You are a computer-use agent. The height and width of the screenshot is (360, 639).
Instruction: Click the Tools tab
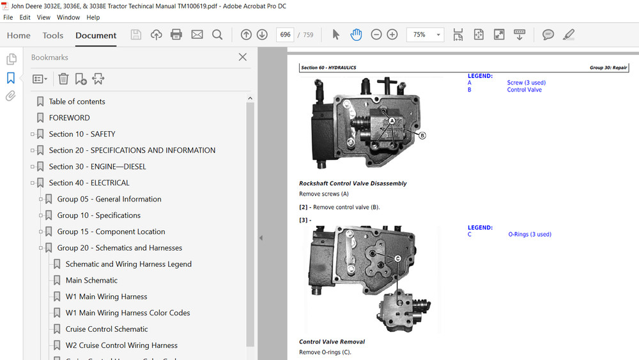pyautogui.click(x=53, y=35)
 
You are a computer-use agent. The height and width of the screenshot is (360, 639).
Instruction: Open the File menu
pyautogui.click(x=8, y=17)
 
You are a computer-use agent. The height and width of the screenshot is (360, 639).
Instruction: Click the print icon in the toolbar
pyautogui.click(x=176, y=35)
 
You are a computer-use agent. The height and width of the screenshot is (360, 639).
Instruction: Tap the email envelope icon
pyautogui.click(x=197, y=35)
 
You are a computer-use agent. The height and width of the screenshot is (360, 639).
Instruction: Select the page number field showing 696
pyautogui.click(x=285, y=35)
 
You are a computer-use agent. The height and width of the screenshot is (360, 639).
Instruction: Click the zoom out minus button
pyautogui.click(x=376, y=35)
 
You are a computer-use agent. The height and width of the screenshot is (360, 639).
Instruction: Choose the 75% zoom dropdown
pyautogui.click(x=425, y=35)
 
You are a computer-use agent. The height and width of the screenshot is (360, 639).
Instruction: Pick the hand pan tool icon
pyautogui.click(x=356, y=35)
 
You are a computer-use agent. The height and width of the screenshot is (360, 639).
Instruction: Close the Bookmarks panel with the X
pyautogui.click(x=242, y=57)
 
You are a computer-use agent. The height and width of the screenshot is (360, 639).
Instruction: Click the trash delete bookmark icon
pyautogui.click(x=63, y=79)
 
